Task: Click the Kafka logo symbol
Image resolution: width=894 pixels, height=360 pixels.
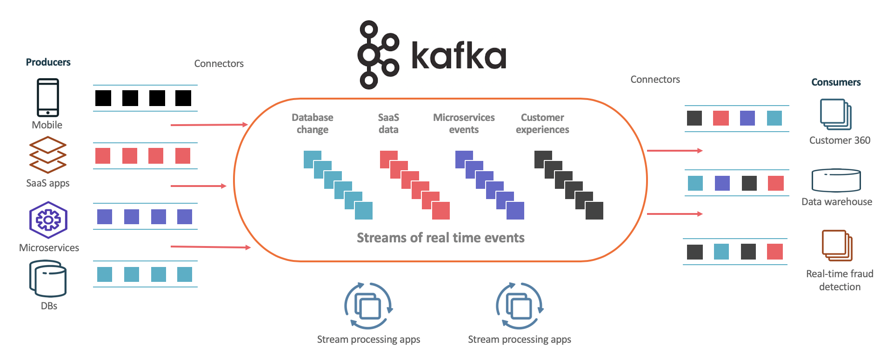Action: pyautogui.click(x=378, y=54)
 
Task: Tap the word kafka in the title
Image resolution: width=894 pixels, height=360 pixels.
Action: pyautogui.click(x=459, y=56)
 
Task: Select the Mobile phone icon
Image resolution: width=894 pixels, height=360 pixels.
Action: pyautogui.click(x=48, y=97)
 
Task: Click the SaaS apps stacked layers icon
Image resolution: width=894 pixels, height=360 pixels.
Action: pyautogui.click(x=48, y=155)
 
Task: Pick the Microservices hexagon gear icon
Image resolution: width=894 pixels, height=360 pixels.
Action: pyautogui.click(x=48, y=220)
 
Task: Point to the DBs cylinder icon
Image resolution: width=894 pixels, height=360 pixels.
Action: pyautogui.click(x=48, y=279)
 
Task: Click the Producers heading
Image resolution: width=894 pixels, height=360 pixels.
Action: pyautogui.click(x=48, y=62)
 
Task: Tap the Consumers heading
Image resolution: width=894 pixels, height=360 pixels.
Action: pyautogui.click(x=836, y=82)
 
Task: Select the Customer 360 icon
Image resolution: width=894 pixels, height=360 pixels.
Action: pyautogui.click(x=835, y=114)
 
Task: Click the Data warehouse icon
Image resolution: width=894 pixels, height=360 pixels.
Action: pyautogui.click(x=836, y=180)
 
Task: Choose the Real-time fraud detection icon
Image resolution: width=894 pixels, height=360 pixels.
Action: pyautogui.click(x=837, y=245)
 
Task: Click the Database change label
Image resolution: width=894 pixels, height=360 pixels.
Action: pyautogui.click(x=313, y=124)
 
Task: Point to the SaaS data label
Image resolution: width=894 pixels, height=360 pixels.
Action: pyautogui.click(x=388, y=124)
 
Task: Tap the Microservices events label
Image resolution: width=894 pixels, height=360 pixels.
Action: pyautogui.click(x=464, y=124)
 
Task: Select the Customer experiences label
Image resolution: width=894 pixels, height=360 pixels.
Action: pyautogui.click(x=542, y=124)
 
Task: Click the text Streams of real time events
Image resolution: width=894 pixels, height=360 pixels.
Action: pyautogui.click(x=440, y=238)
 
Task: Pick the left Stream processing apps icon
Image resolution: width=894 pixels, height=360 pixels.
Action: pyautogui.click(x=368, y=306)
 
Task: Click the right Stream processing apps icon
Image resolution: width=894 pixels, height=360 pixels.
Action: pyautogui.click(x=520, y=306)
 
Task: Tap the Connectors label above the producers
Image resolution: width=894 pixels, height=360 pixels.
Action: pyautogui.click(x=219, y=64)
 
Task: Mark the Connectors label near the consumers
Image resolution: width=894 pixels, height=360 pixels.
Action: pyautogui.click(x=655, y=80)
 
